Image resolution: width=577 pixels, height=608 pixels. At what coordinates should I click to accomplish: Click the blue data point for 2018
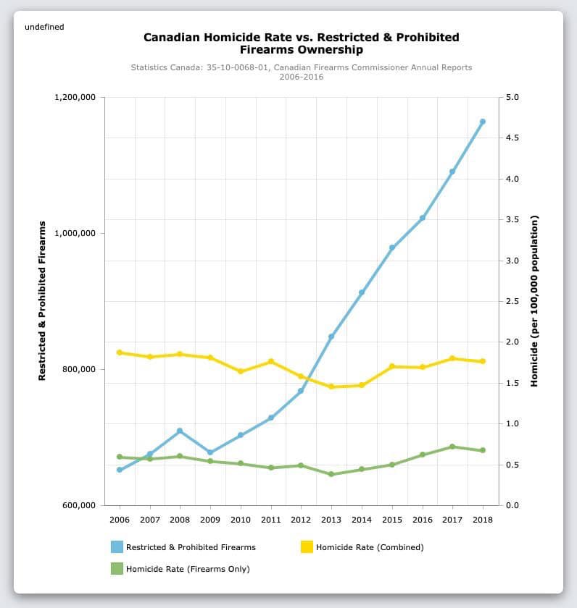click(482, 122)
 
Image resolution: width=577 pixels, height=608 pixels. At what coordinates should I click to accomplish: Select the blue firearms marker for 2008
click(180, 431)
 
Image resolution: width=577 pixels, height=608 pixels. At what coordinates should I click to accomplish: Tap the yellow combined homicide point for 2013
click(331, 387)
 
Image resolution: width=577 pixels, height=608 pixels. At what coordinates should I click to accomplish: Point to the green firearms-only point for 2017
click(452, 447)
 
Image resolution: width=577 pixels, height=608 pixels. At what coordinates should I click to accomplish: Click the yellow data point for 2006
click(120, 352)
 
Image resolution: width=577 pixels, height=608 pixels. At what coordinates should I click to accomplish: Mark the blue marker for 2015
click(391, 248)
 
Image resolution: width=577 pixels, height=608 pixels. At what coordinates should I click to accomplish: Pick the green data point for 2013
click(331, 474)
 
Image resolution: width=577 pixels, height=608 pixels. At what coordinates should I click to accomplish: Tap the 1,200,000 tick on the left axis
click(76, 98)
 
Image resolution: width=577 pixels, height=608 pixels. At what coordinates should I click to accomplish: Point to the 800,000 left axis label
click(79, 369)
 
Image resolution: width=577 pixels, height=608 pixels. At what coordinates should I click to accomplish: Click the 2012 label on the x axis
click(301, 520)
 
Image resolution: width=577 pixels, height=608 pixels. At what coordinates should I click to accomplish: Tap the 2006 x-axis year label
click(120, 520)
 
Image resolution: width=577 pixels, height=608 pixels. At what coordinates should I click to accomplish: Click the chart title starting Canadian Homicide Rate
click(301, 43)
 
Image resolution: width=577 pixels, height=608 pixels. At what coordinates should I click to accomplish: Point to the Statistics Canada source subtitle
click(301, 72)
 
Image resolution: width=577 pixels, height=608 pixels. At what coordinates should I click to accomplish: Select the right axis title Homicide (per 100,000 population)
click(534, 300)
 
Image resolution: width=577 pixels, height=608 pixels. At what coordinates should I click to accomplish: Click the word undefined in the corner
click(44, 27)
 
